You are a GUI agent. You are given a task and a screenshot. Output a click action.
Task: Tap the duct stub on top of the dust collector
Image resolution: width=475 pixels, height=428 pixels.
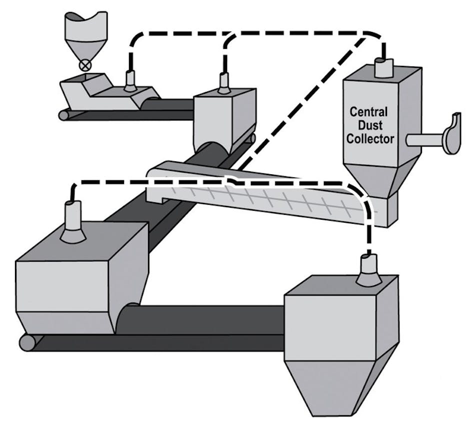tap(384, 67)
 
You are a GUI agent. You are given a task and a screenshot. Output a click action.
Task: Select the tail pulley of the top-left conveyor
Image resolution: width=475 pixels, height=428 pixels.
tap(63, 115)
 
